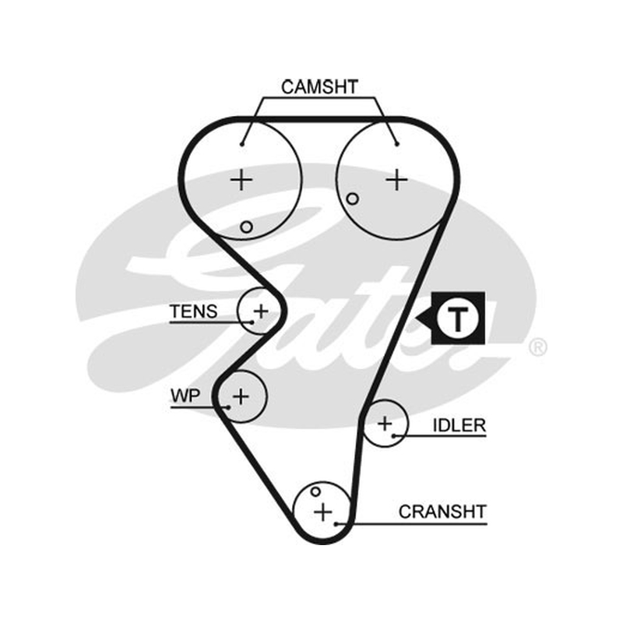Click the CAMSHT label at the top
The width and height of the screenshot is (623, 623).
coord(320,87)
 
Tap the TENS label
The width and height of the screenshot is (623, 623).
coord(193,311)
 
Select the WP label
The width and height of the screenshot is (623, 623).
coord(185,396)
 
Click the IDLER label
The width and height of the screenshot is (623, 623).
coord(459,425)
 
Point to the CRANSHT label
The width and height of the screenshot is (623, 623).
coord(442,512)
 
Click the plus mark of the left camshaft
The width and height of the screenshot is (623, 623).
coord(241,181)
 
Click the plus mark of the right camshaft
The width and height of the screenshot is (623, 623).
coord(396,181)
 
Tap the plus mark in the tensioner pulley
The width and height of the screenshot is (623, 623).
coord(261,311)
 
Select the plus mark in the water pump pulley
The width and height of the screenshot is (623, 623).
coord(241,396)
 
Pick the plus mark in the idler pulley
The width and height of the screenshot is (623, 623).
coord(385,424)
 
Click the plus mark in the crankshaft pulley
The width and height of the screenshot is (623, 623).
coord(323,512)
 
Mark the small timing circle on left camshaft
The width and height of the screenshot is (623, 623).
coord(246,227)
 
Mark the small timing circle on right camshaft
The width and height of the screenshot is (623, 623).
coord(353,199)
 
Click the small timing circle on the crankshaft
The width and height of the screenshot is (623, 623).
coord(315,492)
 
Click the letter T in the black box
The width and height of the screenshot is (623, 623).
coord(458,319)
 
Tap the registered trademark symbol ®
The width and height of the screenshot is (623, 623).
coord(538,347)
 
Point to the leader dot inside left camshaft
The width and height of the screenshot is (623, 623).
coord(242,144)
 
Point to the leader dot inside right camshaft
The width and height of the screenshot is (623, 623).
coord(396,144)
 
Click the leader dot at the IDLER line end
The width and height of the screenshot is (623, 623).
coord(393,436)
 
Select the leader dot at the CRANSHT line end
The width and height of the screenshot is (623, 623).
coord(336,524)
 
